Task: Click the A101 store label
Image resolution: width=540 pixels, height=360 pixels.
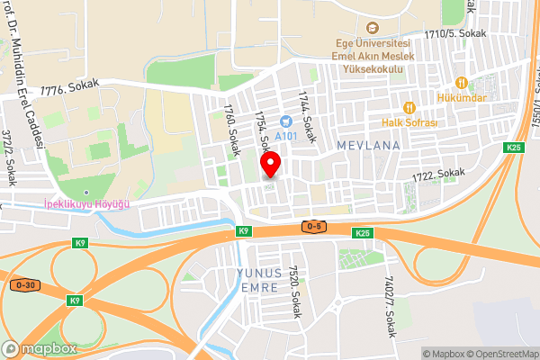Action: click(287, 136)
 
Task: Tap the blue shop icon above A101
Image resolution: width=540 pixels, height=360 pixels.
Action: click(287, 121)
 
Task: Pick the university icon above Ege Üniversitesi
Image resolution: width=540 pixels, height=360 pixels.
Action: click(373, 29)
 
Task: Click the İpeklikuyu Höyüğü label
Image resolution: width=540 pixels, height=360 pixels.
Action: click(87, 204)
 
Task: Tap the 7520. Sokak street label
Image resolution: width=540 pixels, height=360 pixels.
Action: click(292, 292)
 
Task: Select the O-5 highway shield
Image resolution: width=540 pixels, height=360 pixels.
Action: click(314, 226)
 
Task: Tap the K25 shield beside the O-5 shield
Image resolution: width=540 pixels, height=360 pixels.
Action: click(362, 233)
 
